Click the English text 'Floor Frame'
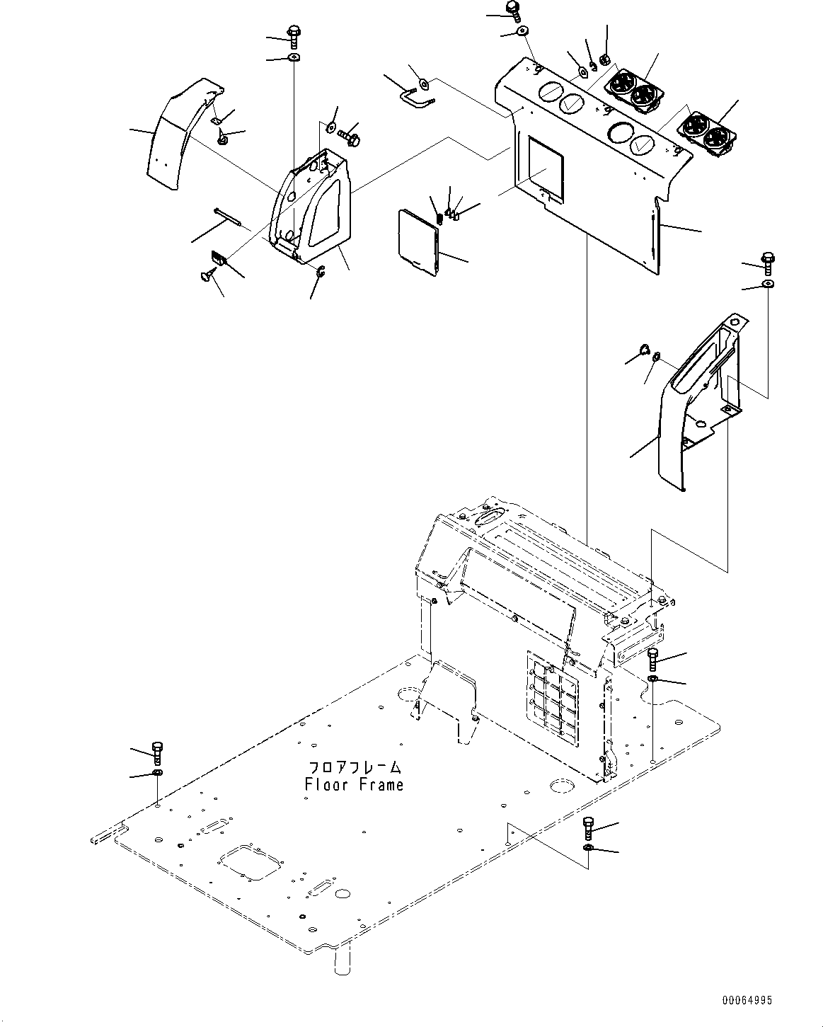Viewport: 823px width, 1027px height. click(354, 785)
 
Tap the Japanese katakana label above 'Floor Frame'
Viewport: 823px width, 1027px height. click(355, 768)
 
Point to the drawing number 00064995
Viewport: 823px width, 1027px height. click(747, 1001)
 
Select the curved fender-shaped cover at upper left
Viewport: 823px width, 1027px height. click(177, 138)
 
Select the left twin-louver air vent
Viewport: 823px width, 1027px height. click(633, 91)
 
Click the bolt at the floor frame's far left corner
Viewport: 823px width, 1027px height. click(158, 752)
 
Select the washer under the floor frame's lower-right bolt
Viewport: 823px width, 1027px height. click(588, 848)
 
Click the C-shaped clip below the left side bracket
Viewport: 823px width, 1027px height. click(321, 270)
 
